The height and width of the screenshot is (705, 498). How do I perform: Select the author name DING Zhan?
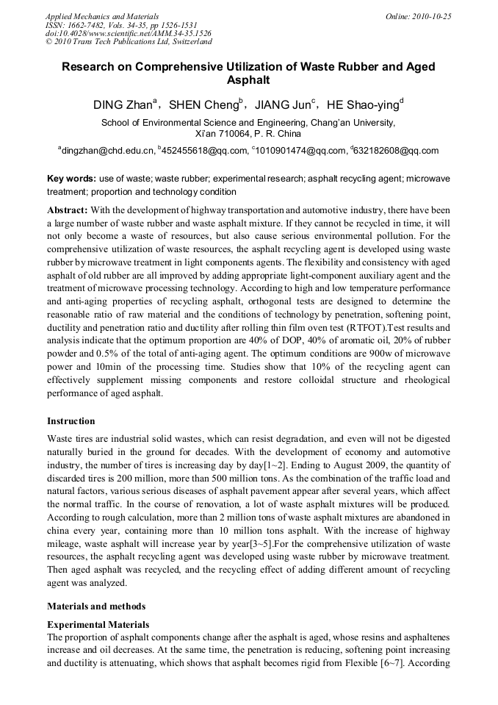pos(120,105)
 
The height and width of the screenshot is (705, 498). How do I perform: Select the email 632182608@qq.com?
pos(397,151)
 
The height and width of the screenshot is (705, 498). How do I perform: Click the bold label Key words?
pos(71,179)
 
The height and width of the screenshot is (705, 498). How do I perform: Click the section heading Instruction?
pos(71,421)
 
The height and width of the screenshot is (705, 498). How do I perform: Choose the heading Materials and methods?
pos(96,606)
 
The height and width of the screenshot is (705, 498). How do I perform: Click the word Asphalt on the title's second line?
pos(248,79)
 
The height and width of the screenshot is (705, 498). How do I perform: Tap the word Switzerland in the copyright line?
pos(187,43)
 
